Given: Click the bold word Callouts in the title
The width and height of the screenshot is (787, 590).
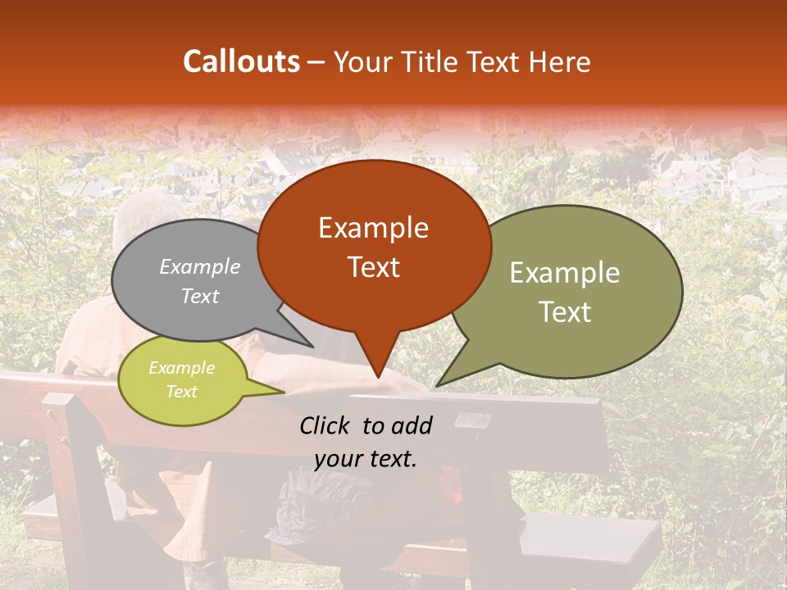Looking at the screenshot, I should pos(241,61).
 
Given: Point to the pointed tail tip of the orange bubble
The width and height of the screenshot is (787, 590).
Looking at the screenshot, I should pos(377,377).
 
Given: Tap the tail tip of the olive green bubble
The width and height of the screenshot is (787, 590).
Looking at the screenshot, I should pos(437,385).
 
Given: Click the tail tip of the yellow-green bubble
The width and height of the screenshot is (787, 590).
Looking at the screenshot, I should pos(283,393).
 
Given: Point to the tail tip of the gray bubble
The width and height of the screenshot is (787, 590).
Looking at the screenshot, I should pos(312,347).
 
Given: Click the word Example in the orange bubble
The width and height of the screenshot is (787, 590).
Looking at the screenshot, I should pos(373,228).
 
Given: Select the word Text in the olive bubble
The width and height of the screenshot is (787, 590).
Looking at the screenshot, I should pos(566,312).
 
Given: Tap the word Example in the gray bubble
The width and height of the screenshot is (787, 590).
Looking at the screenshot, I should pos(199,267).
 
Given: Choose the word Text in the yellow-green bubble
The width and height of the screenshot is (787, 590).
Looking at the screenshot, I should pos(181,392).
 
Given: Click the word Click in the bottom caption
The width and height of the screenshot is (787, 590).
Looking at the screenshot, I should pos(326,425).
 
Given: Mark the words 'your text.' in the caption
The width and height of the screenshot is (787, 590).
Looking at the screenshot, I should pos(366,459).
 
